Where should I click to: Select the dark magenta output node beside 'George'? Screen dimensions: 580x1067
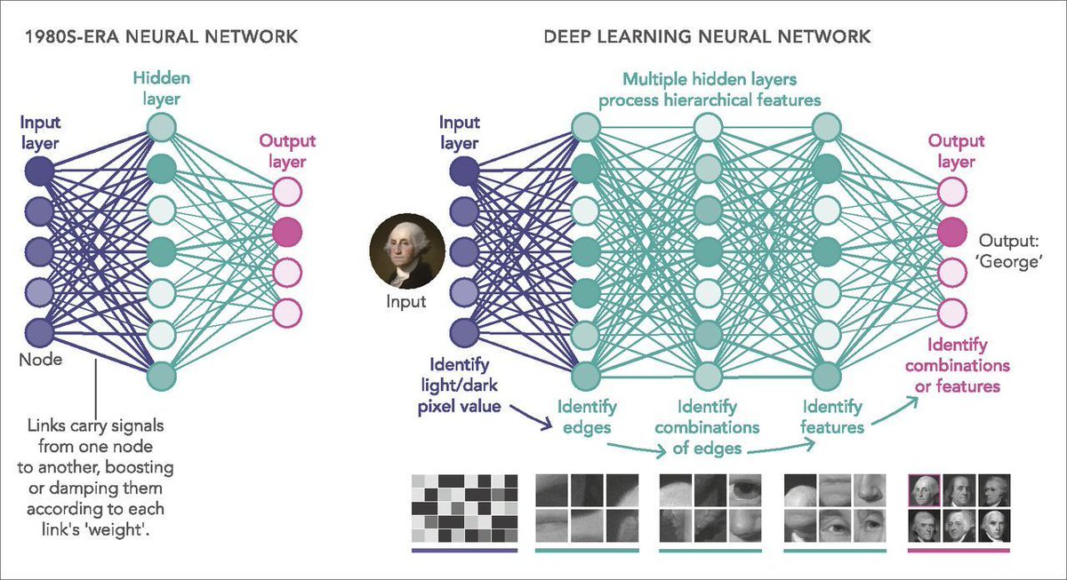click(x=952, y=233)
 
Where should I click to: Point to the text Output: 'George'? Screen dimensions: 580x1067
click(x=1010, y=250)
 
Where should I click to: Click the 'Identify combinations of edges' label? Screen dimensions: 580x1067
click(x=706, y=427)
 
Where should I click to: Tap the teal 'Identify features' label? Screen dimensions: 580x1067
click(x=832, y=417)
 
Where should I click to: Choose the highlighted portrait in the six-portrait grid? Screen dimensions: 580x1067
click(x=926, y=489)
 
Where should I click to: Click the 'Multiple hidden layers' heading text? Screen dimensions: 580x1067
click(x=709, y=80)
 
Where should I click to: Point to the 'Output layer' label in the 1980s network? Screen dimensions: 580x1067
click(x=288, y=151)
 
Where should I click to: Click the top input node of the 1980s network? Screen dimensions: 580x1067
click(x=38, y=170)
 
